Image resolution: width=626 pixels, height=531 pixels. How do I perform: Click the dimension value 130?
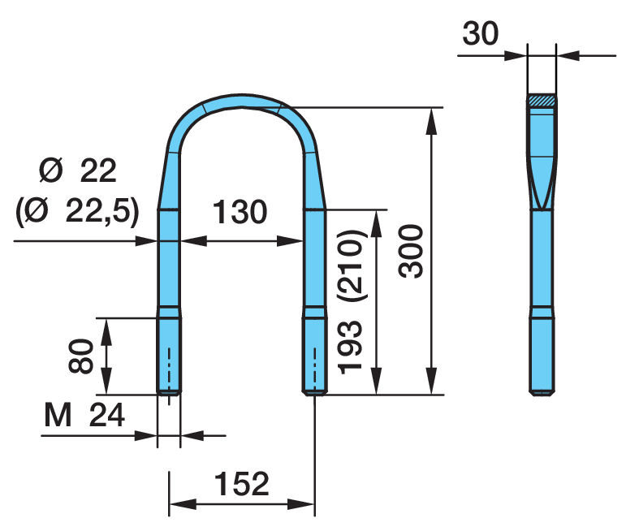[240, 212]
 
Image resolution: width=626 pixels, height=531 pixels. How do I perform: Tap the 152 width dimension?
[242, 484]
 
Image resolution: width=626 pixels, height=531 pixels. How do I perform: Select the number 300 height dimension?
[411, 251]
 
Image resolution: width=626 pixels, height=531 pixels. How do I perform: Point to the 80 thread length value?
[81, 356]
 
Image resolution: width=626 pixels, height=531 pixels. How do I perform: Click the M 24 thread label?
[84, 415]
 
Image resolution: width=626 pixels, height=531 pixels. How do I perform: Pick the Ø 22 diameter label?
[78, 171]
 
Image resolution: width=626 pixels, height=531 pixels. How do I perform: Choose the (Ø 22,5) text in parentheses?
[78, 211]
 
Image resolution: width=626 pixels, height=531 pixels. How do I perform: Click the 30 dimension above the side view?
[481, 33]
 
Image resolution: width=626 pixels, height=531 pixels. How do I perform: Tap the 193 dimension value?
[350, 348]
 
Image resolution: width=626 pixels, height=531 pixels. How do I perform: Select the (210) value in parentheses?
[350, 265]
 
